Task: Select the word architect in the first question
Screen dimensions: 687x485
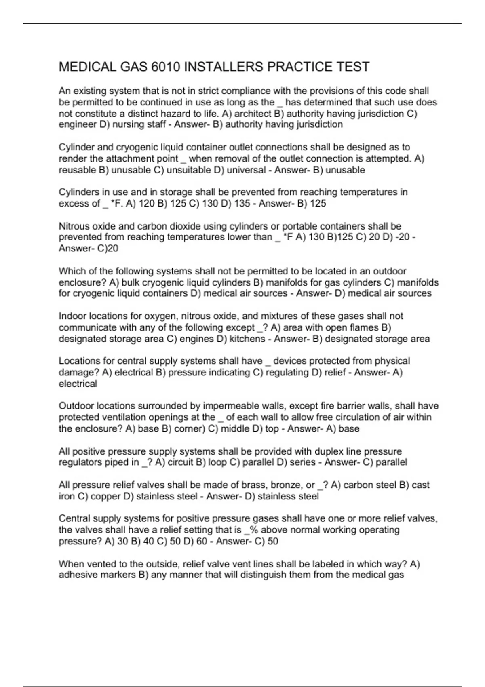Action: point(253,114)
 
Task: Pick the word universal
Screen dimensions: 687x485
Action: point(246,170)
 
